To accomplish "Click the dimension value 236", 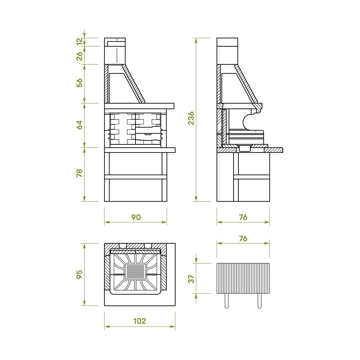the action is (191, 118).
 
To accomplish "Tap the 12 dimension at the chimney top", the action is (79, 41).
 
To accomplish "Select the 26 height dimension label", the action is (79, 56).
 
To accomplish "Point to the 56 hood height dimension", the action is (79, 83).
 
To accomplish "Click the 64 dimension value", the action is (79, 125).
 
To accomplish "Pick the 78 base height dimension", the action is (79, 173).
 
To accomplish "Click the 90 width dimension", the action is (136, 217).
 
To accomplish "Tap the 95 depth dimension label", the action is (79, 274).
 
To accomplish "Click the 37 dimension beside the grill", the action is (191, 279).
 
